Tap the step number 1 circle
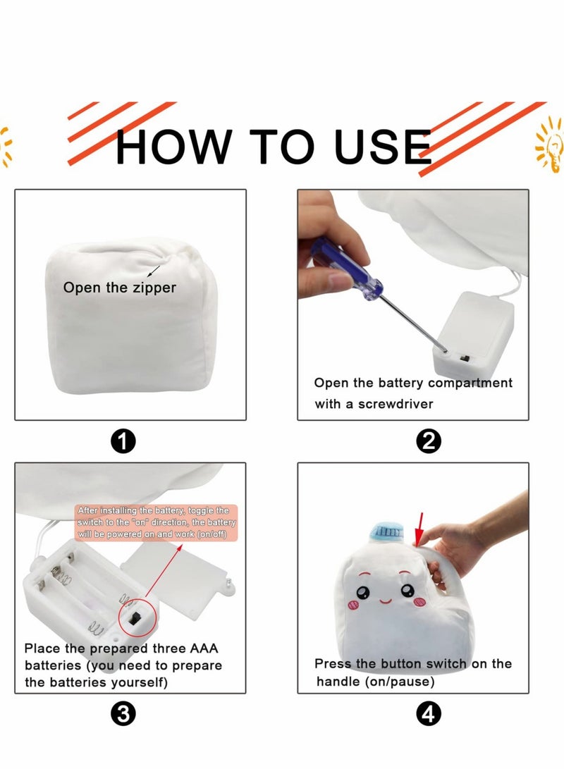tap(124, 442)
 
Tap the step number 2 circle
tap(429, 442)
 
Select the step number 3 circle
tap(124, 715)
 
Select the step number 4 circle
tap(429, 715)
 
